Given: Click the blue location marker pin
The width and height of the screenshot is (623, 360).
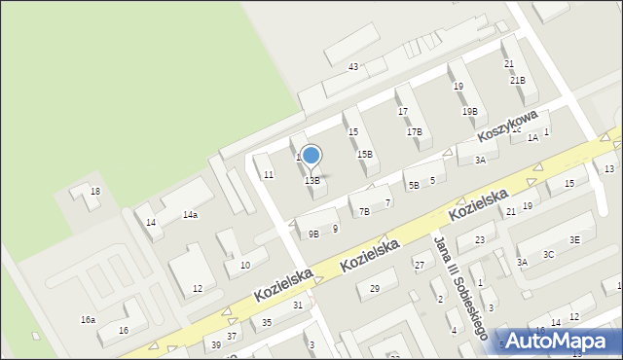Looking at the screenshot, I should point(311,157).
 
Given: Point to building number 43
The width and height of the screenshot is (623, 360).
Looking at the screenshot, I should point(353,66).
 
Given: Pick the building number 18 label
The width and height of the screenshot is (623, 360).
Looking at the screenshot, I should point(94,192).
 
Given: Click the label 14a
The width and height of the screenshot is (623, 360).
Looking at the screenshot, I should point(189,215).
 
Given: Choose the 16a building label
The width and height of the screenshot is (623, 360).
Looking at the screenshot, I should point(88,319).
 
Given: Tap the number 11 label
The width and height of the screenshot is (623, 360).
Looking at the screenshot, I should point(269,174).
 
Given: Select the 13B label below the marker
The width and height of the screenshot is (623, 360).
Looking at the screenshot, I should point(311,181).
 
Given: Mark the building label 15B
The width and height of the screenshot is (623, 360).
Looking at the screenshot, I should point(364,154).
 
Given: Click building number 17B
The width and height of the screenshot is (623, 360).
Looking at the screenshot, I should point(414,131).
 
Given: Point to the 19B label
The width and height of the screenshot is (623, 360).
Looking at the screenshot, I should point(469,112).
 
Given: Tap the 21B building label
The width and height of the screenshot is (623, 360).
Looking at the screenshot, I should point(518,81).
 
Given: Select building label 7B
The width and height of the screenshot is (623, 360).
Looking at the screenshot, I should point(364,211).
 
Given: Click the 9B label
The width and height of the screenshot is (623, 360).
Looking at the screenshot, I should point(313,234).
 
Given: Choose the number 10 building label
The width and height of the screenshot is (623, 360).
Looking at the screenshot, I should point(245,265).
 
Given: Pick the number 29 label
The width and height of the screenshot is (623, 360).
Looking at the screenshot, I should point(374,288).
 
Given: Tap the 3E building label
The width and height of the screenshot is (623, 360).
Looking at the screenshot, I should point(574,239).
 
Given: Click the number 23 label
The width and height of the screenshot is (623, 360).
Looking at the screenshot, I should point(479,239).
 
